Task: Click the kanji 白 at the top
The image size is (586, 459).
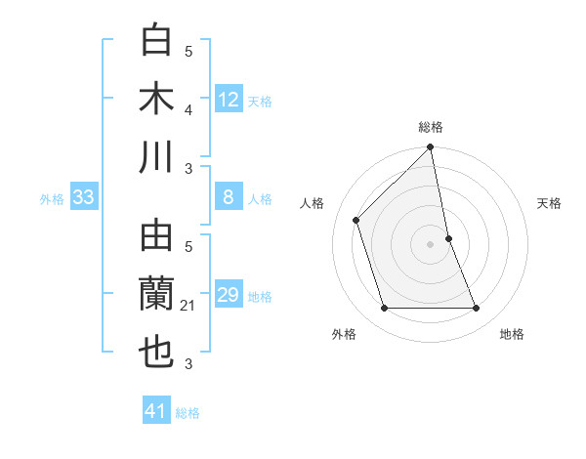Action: pyautogui.click(x=157, y=42)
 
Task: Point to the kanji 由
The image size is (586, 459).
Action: pyautogui.click(x=157, y=238)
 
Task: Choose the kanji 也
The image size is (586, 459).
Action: pyautogui.click(x=157, y=353)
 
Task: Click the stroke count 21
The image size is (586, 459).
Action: pyautogui.click(x=188, y=307)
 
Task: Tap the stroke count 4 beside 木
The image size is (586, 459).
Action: pyautogui.click(x=188, y=110)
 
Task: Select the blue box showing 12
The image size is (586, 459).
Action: pyautogui.click(x=229, y=99)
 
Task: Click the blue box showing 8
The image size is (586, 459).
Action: pyautogui.click(x=229, y=197)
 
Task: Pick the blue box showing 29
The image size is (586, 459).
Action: pyautogui.click(x=229, y=295)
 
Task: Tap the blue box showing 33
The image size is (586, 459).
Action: pyautogui.click(x=83, y=197)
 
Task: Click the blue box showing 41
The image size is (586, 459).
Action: pyautogui.click(x=156, y=411)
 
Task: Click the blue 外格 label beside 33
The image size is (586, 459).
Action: pyautogui.click(x=52, y=199)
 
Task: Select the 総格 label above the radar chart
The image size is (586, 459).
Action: pyautogui.click(x=431, y=127)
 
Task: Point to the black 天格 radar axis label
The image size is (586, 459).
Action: pyautogui.click(x=550, y=203)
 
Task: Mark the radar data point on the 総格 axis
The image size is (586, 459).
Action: pyautogui.click(x=431, y=148)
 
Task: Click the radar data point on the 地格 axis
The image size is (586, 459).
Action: pyautogui.click(x=477, y=309)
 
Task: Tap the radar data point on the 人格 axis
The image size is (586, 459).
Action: pyautogui.click(x=356, y=220)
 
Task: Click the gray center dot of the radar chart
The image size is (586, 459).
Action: pyautogui.click(x=431, y=243)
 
